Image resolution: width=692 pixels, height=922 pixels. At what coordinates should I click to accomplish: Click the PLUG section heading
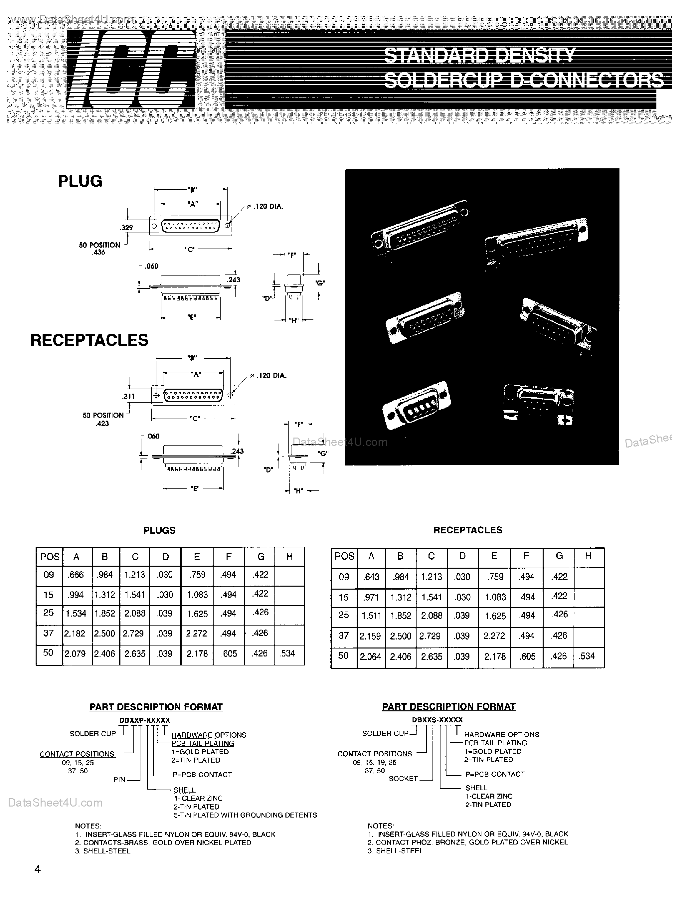(x=80, y=181)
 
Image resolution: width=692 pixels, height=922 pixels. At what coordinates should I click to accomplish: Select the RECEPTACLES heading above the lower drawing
(x=89, y=340)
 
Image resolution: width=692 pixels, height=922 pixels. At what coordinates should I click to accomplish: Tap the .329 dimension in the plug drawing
(x=126, y=228)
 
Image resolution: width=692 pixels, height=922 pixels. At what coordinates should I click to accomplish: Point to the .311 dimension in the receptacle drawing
(x=128, y=396)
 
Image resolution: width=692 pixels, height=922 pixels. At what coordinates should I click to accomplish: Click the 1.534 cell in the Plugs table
(x=76, y=614)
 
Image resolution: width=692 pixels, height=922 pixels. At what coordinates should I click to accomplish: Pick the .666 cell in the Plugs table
(x=76, y=575)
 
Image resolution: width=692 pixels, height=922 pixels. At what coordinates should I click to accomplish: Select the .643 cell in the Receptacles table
(x=371, y=577)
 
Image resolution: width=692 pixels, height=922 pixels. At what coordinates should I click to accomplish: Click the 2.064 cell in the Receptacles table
(x=371, y=656)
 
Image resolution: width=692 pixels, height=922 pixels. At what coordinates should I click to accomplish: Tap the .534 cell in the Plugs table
(x=288, y=653)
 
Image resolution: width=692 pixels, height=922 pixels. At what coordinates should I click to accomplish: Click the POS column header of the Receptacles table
(x=344, y=556)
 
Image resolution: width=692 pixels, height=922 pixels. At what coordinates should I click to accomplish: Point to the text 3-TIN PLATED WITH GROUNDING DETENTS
(x=245, y=815)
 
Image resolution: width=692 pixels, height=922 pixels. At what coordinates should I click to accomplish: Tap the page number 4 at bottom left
(x=38, y=869)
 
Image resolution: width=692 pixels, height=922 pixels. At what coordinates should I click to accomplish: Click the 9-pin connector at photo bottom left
(x=417, y=404)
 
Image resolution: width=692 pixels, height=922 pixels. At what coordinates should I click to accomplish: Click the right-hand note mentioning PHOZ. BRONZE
(x=467, y=842)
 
